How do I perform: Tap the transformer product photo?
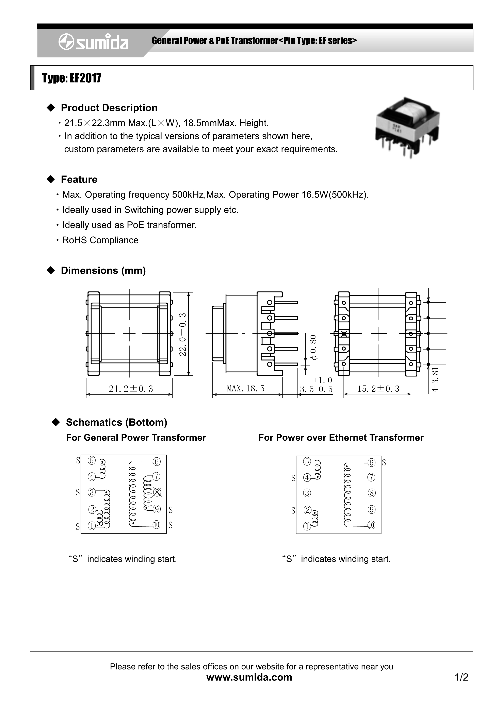tap(407, 128)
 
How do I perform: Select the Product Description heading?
tap(109, 108)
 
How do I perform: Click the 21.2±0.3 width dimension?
tap(131, 389)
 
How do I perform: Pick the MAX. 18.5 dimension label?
tap(246, 388)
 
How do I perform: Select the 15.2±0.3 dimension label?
tap(378, 389)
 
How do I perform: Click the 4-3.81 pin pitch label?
tap(436, 379)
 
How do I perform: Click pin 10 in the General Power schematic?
tap(157, 525)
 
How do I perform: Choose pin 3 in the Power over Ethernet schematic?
tap(307, 493)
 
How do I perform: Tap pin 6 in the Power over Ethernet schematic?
tap(371, 463)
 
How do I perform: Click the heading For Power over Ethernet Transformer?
tap(341, 438)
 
